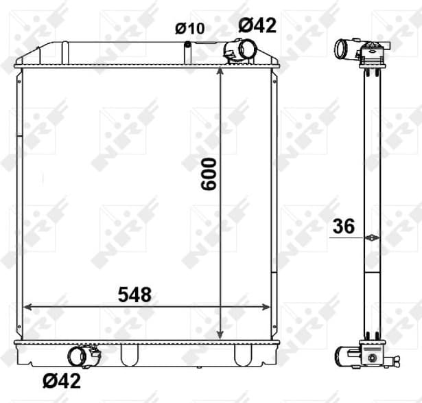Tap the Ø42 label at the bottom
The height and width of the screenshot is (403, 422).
[61, 379]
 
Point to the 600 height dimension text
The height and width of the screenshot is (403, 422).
[209, 174]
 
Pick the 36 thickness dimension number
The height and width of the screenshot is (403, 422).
[344, 227]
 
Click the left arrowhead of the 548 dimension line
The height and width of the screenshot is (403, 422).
[28, 307]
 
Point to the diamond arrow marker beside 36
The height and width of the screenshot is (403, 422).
[371, 238]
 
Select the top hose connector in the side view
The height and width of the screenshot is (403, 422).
[343, 49]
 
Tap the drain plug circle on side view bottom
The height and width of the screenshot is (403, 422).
[372, 357]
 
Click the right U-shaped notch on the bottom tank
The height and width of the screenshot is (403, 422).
[242, 354]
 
